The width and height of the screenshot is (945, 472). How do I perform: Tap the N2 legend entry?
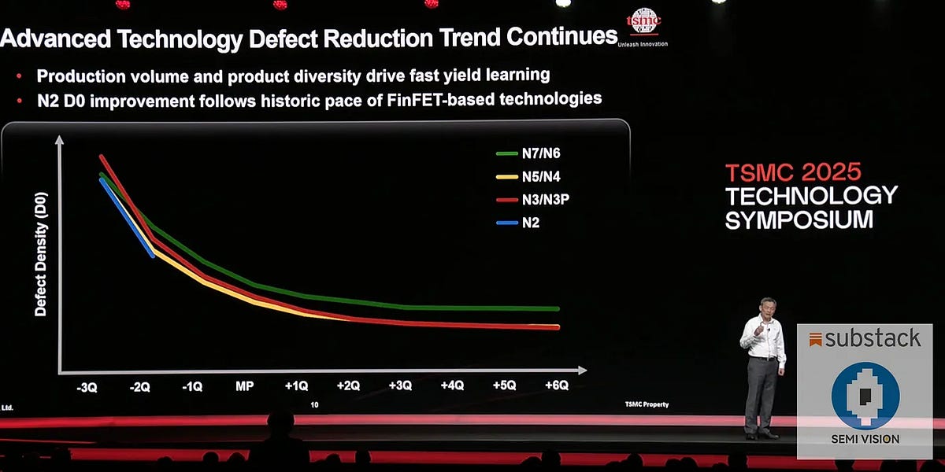pos(529,223)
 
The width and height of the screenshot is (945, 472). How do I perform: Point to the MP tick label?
pos(244,386)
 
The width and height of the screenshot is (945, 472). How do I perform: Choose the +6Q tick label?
pos(556,386)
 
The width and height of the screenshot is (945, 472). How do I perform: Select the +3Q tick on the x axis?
pos(400,386)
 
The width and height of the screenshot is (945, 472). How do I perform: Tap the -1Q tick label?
pos(191,386)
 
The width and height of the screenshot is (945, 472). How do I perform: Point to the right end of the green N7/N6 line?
pos(558,309)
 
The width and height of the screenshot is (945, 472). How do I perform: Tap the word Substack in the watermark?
pos(873,338)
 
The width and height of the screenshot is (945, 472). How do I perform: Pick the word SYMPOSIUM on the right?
pos(799,220)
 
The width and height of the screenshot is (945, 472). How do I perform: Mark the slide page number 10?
pos(314,405)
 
